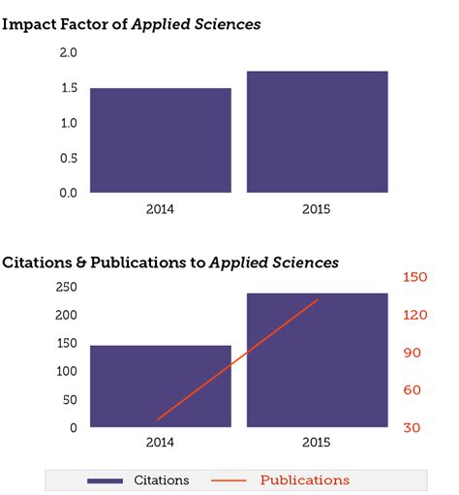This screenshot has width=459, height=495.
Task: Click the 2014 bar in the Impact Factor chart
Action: pos(160,139)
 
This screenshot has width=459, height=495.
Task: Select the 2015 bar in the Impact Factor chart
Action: pos(317,132)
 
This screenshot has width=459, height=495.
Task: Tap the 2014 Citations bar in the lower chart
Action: pos(160,386)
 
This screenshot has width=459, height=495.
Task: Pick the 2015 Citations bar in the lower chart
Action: pos(317,359)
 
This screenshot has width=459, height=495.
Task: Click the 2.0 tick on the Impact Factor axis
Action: pos(68,53)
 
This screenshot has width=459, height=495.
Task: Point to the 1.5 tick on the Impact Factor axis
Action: pos(68,88)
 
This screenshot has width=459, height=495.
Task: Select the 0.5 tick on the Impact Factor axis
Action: pos(68,158)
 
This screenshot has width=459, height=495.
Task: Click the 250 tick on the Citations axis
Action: pos(66,287)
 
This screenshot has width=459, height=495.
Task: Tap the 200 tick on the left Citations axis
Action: pos(66,315)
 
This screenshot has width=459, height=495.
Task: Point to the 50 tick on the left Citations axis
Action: pos(70,399)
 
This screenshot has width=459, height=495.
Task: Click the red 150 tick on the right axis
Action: pos(414,277)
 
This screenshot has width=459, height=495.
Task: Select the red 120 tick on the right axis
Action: pos(414,315)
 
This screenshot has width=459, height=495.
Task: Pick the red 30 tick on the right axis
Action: pos(412,427)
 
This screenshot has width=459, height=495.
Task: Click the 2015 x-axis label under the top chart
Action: pos(317,207)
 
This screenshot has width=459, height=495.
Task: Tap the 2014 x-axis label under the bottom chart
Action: pos(160,443)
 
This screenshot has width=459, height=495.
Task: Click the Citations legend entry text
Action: pos(162,480)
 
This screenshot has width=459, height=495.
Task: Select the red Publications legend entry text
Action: pos(305,480)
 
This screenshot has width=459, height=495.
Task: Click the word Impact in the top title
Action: pos(28,23)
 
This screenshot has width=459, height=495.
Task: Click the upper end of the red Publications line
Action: pos(318,300)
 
